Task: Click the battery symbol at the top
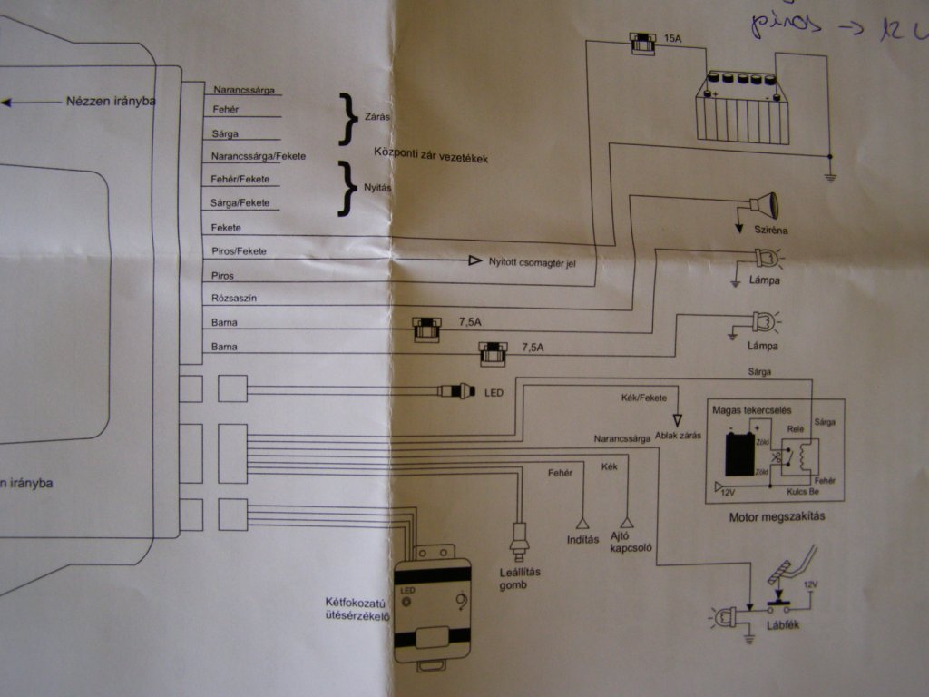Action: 741,109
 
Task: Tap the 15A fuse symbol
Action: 643,42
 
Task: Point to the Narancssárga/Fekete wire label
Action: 258,157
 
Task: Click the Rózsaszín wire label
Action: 235,299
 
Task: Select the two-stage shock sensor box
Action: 434,604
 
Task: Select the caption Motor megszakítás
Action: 775,519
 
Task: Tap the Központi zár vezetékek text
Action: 431,155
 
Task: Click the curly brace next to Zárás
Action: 345,118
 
